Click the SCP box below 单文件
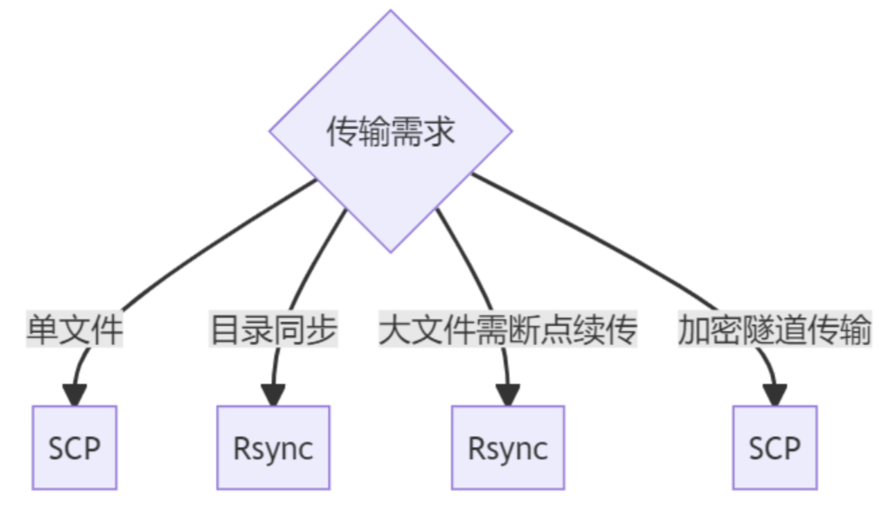pyautogui.click(x=74, y=448)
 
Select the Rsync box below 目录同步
pyautogui.click(x=272, y=448)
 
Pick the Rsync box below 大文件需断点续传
pyautogui.click(x=507, y=448)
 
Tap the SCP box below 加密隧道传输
pyautogui.click(x=774, y=448)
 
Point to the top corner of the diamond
pyautogui.click(x=391, y=13)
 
